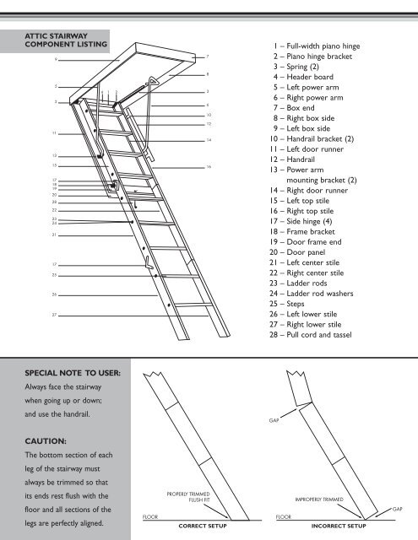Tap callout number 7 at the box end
click(x=208, y=56)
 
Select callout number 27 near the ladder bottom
click(x=55, y=315)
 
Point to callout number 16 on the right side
click(x=208, y=167)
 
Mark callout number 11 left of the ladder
click(x=55, y=133)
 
